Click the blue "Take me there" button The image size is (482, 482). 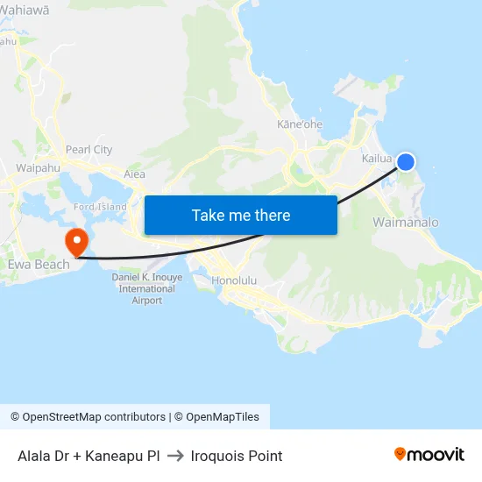click(x=241, y=215)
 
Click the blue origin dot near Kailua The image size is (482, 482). click(x=406, y=161)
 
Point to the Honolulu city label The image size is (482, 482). click(x=234, y=280)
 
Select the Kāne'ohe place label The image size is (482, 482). click(x=300, y=124)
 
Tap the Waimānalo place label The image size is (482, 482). click(x=406, y=223)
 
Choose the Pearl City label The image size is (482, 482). click(x=89, y=150)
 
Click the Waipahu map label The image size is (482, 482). click(x=37, y=167)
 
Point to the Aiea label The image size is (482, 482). click(x=134, y=174)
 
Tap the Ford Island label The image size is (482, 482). click(x=100, y=207)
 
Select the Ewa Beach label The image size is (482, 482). click(x=33, y=264)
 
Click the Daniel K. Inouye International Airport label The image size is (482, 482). click(x=147, y=288)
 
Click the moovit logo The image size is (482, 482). click(x=429, y=454)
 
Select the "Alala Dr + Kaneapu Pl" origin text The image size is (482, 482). click(x=89, y=456)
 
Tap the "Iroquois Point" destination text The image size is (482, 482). click(x=234, y=456)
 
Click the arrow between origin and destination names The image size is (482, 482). click(x=174, y=456)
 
